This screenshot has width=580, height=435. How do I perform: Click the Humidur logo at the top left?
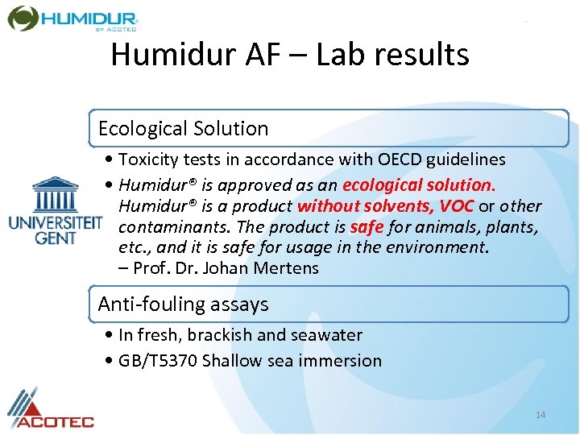pyautogui.click(x=72, y=18)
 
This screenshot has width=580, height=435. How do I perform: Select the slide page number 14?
pyautogui.click(x=541, y=415)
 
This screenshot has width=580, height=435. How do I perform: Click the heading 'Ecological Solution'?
pyautogui.click(x=183, y=129)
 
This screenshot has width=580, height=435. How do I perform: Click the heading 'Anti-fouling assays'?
pyautogui.click(x=183, y=304)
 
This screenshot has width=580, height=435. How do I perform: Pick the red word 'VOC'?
pyautogui.click(x=456, y=206)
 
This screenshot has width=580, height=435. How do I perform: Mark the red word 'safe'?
pyautogui.click(x=366, y=227)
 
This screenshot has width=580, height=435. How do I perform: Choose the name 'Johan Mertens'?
pyautogui.click(x=268, y=268)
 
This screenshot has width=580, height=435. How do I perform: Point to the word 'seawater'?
pyautogui.click(x=324, y=335)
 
